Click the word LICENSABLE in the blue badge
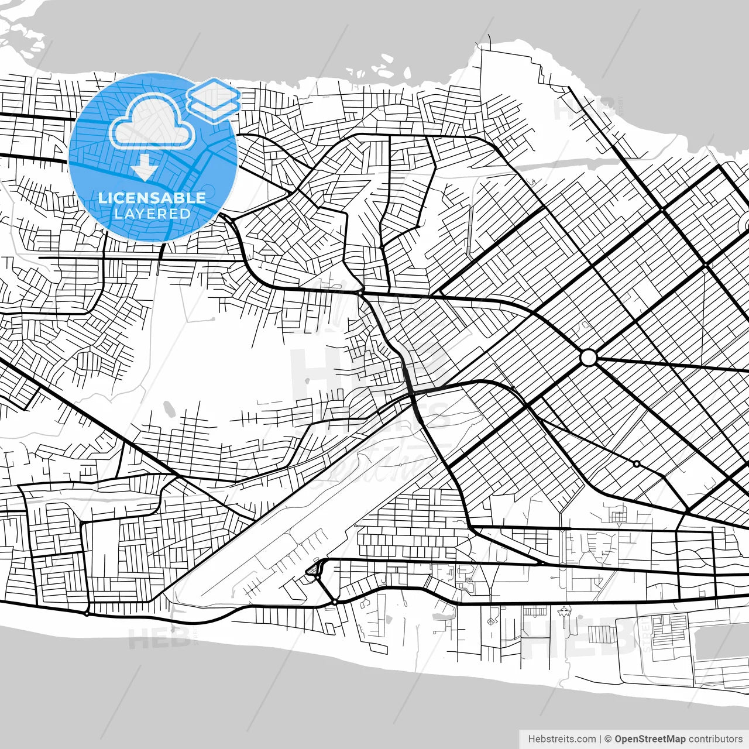tap(152, 198)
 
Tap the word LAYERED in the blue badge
tap(152, 214)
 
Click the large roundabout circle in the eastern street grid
tap(588, 358)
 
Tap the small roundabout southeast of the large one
tap(636, 463)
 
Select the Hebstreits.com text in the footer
tap(562, 739)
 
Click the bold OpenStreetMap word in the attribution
tap(650, 739)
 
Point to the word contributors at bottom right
tap(715, 739)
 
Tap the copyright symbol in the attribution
tap(608, 739)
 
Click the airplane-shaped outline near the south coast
tap(564, 614)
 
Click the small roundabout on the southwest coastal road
tap(87, 613)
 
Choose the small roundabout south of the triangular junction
tap(334, 602)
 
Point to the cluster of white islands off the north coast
tap(374, 66)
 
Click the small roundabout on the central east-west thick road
tap(360, 291)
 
